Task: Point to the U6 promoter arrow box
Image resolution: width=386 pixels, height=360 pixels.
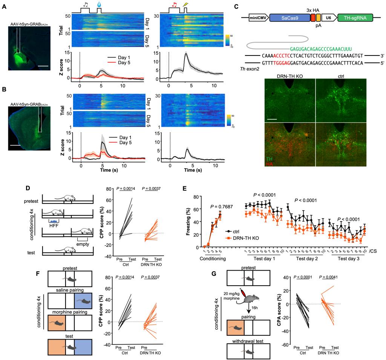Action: [x=328, y=18]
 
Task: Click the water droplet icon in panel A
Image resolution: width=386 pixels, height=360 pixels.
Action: [x=99, y=5]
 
